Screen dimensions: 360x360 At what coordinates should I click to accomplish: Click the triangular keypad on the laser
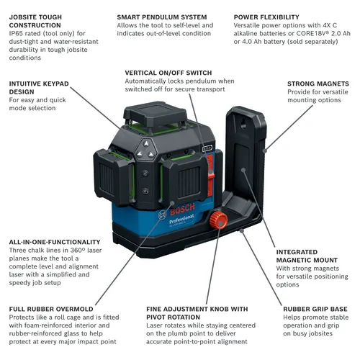click(x=146, y=150)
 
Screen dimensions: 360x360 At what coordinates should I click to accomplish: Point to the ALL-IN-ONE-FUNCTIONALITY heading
click(x=55, y=242)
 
